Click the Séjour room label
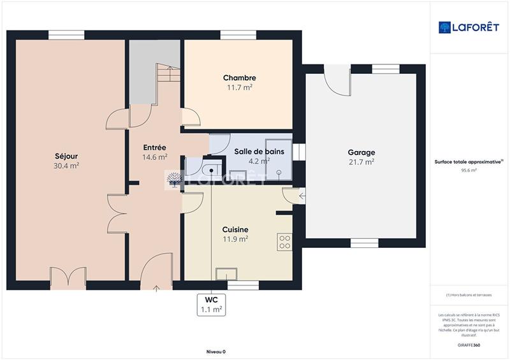[67, 155]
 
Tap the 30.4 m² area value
[67, 166]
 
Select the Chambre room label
[239, 78]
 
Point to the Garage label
[361, 152]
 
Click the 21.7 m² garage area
[361, 162]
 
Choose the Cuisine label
[235, 229]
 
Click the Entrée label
[155, 147]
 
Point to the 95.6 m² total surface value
[469, 170]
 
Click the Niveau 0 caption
[216, 352]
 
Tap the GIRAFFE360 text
[470, 344]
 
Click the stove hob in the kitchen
[284, 241]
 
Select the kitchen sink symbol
[227, 274]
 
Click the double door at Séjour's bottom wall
[68, 278]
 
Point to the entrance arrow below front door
[157, 288]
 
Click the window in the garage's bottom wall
[364, 243]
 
